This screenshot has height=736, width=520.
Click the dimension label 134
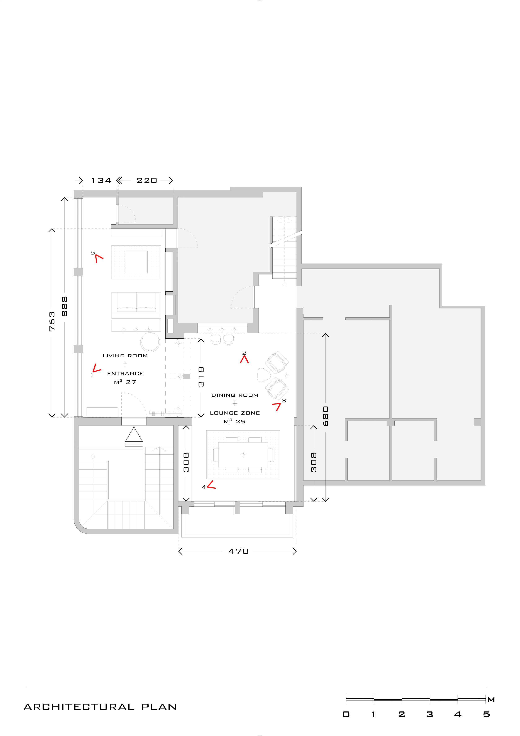(x=101, y=180)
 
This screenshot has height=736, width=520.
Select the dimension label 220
(x=147, y=180)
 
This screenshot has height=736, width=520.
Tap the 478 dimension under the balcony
(x=238, y=551)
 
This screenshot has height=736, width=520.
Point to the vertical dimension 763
(x=52, y=321)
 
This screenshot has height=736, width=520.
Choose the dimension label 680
(x=325, y=416)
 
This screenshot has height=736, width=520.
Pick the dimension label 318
(x=201, y=377)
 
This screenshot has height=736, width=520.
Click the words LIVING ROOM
(x=125, y=355)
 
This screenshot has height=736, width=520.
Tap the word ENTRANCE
(x=125, y=373)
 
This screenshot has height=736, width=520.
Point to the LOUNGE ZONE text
(x=235, y=413)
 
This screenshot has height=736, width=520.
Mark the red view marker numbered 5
(x=99, y=258)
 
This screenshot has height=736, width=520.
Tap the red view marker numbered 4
(x=211, y=485)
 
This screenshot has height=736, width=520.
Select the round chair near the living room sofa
(x=150, y=342)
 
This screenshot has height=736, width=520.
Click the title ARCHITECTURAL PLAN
(x=100, y=707)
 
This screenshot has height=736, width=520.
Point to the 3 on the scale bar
(x=430, y=714)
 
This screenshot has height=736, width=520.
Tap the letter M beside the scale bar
(x=491, y=700)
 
